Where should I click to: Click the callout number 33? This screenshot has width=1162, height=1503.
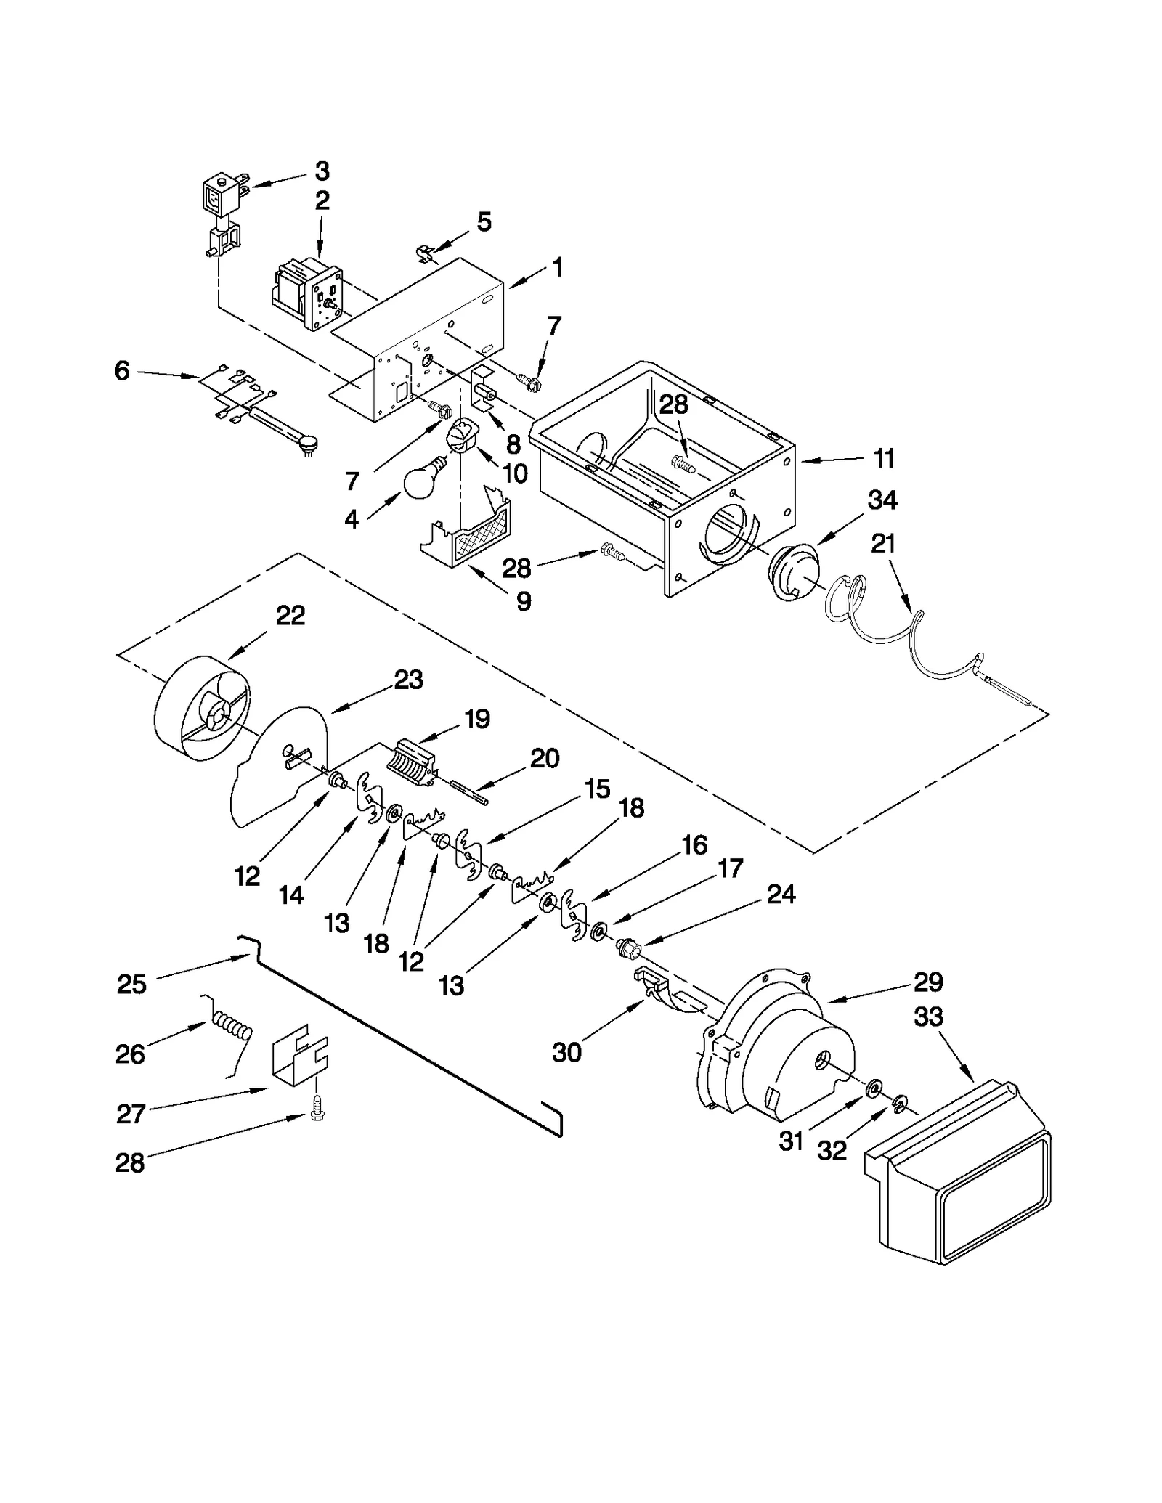pos(929,1017)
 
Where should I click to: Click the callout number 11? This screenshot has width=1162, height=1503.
pos(884,459)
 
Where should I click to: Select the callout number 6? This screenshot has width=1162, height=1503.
pos(122,371)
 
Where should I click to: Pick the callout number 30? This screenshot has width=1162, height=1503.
pos(566,1052)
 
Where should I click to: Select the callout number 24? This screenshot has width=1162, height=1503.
pos(781,895)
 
